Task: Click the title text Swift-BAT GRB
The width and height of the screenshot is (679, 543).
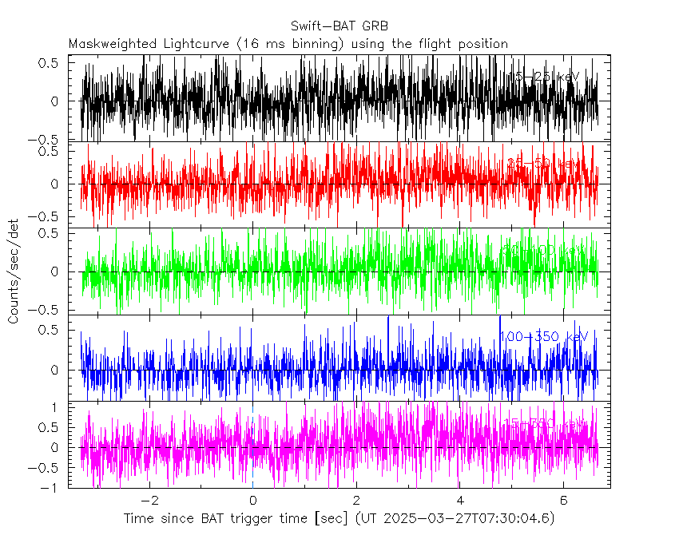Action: pyautogui.click(x=339, y=26)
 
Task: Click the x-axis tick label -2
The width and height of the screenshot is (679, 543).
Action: pyautogui.click(x=149, y=501)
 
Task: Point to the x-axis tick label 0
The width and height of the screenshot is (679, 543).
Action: pyautogui.click(x=252, y=501)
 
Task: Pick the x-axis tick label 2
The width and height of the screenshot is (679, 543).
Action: pyautogui.click(x=356, y=501)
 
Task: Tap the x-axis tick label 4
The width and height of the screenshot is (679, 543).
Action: pyautogui.click(x=459, y=501)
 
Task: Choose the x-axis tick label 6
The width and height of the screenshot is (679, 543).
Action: pyautogui.click(x=563, y=501)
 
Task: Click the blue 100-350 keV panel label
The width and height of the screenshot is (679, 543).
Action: pyautogui.click(x=543, y=337)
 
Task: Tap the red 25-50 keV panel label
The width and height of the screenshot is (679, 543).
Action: pyautogui.click(x=543, y=163)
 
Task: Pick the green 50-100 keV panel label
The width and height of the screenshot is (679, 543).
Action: pyautogui.click(x=543, y=251)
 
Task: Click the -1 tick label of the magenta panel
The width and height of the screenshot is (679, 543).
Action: pyautogui.click(x=52, y=488)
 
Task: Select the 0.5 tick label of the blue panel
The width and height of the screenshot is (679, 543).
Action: pyautogui.click(x=50, y=329)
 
